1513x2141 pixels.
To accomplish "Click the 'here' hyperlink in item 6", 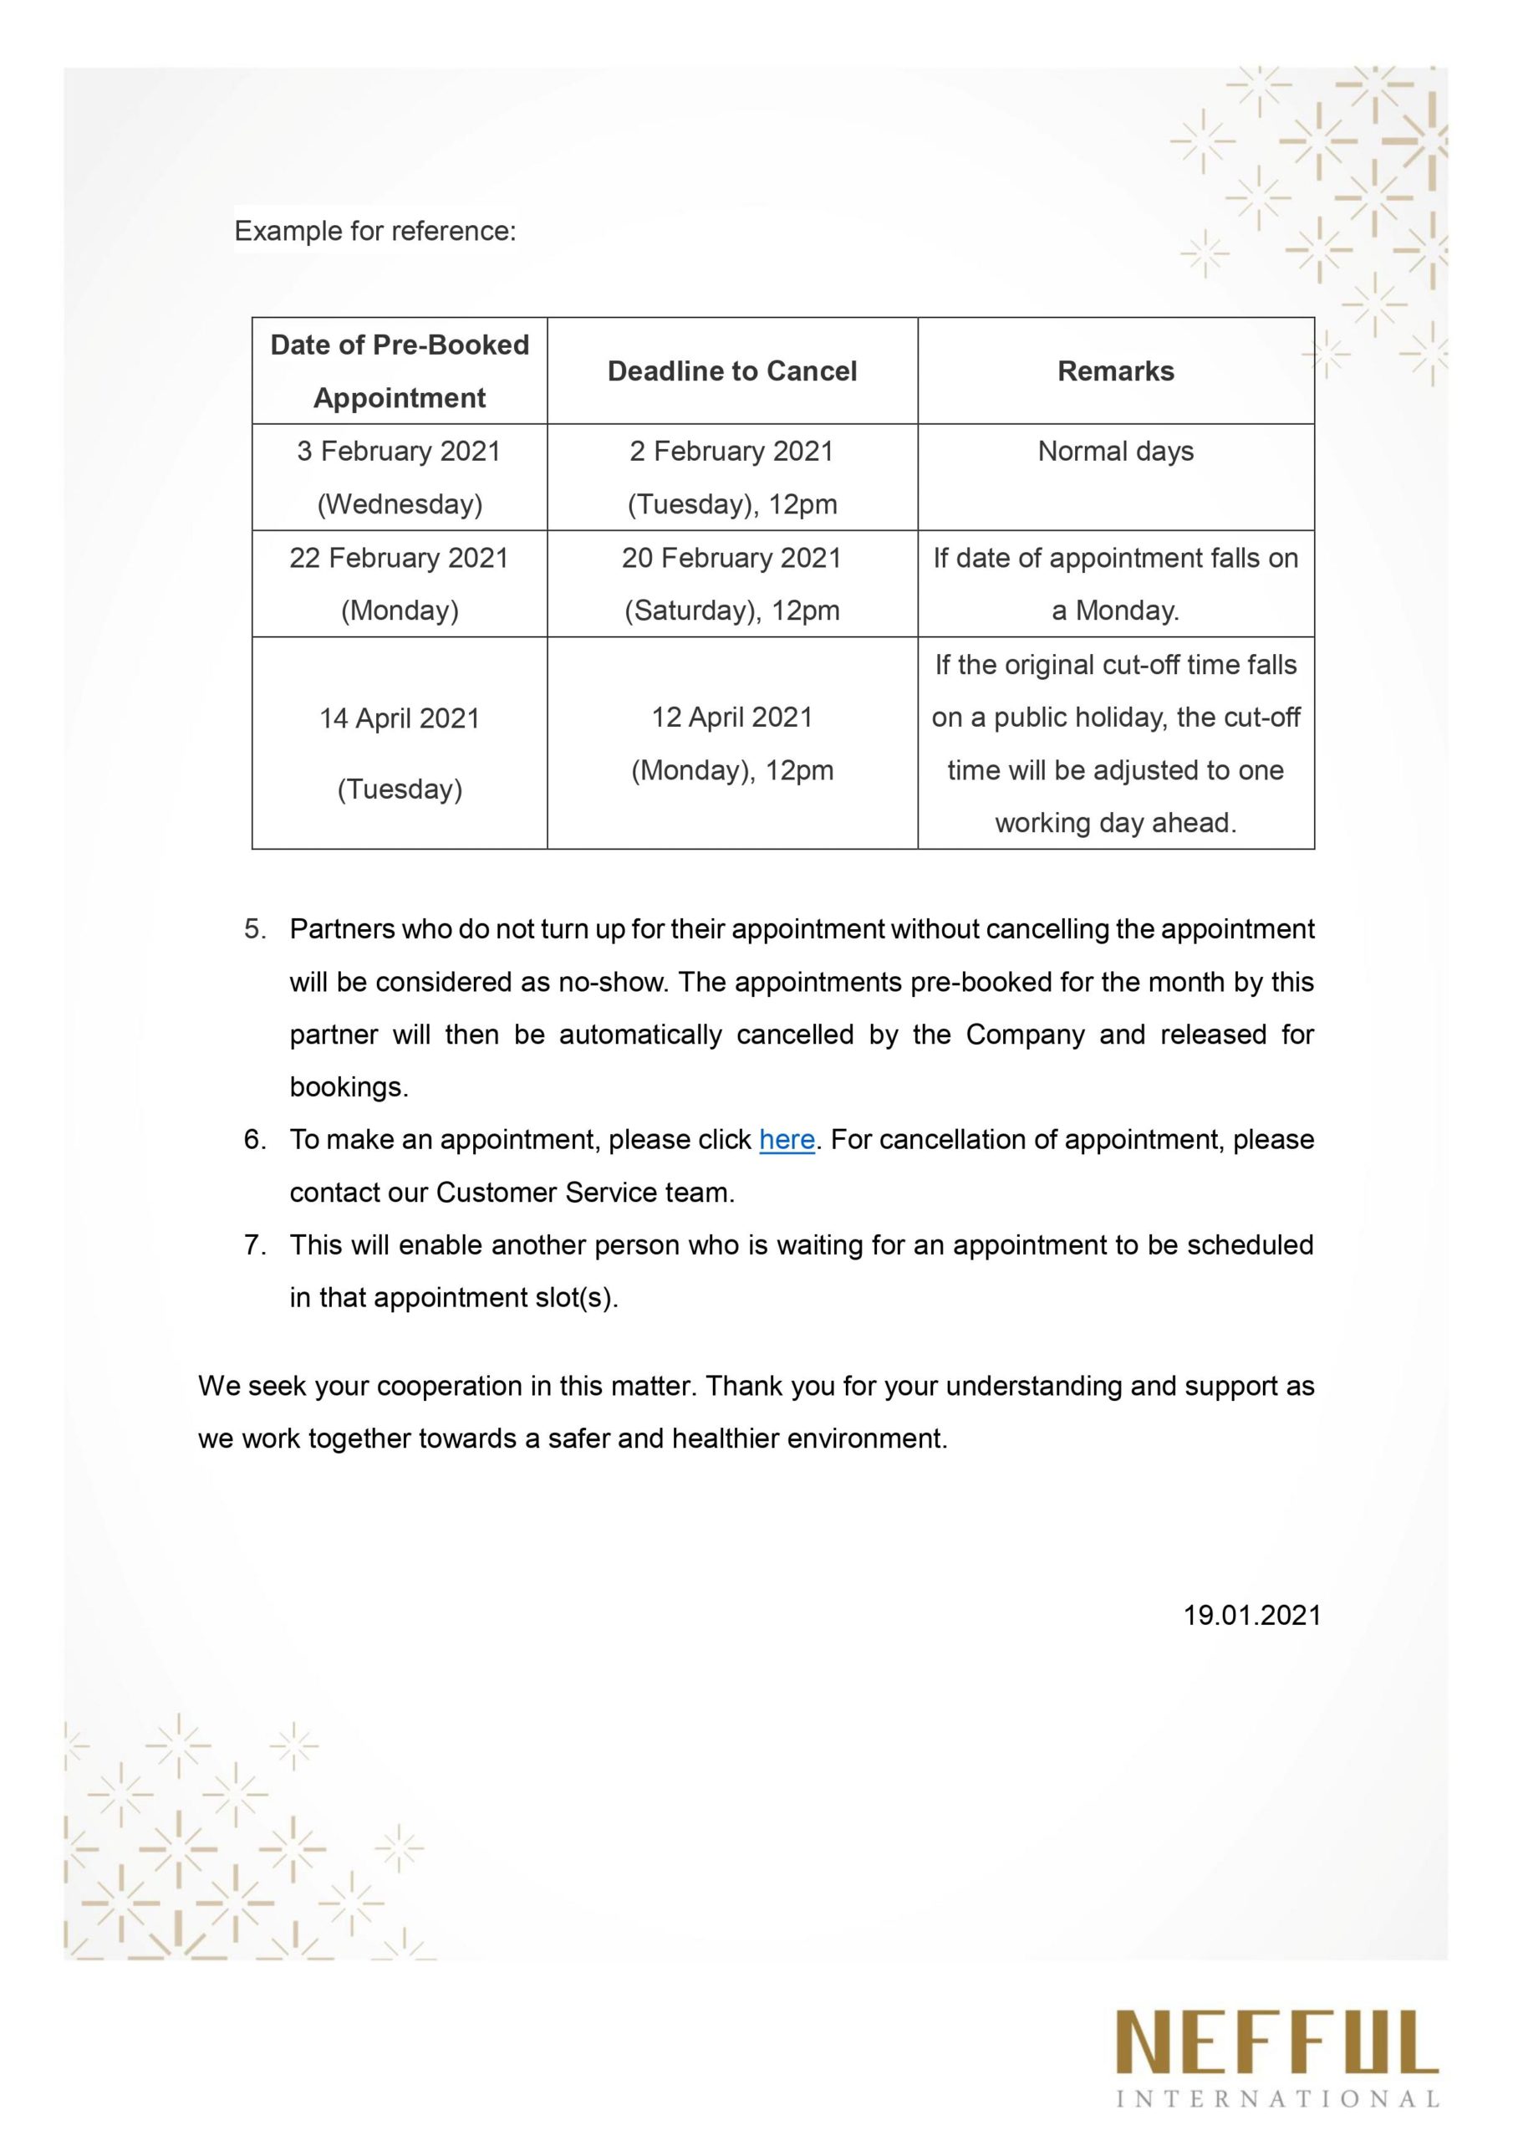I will (787, 1140).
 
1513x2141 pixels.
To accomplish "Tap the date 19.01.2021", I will (1251, 1615).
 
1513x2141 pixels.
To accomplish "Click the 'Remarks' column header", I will (1115, 371).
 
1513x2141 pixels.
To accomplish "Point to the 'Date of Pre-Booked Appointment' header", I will (399, 371).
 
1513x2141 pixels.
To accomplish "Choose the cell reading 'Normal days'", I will (1115, 452).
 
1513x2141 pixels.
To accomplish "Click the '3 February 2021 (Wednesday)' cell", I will (399, 478).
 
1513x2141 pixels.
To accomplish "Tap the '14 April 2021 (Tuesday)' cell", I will (399, 753).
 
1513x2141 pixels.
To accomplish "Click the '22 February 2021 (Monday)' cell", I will (399, 584).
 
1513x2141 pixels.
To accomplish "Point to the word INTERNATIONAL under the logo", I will (1277, 2099).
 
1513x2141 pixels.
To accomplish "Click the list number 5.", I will (254, 929).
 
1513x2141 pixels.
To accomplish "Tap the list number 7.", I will (254, 1245).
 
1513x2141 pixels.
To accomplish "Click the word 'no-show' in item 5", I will (610, 982).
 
